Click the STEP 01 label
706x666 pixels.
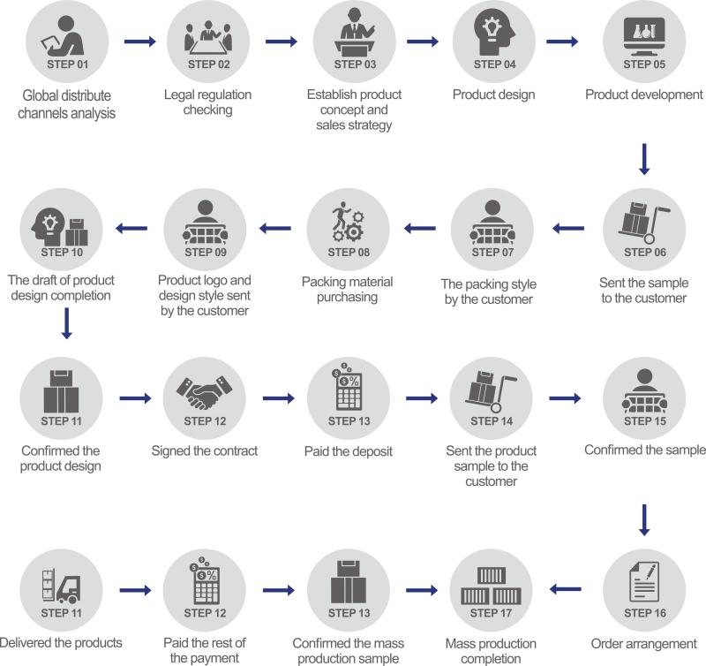pyautogui.click(x=68, y=64)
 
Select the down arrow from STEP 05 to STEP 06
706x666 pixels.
pyautogui.click(x=644, y=159)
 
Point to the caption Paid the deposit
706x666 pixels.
pyautogui.click(x=349, y=451)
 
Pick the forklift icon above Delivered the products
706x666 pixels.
pyautogui.click(x=61, y=586)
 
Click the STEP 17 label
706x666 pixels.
pyautogui.click(x=491, y=613)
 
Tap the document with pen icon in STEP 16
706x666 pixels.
pyautogui.click(x=644, y=581)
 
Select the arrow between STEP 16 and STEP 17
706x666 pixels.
pyautogui.click(x=566, y=589)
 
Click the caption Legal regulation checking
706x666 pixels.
pyautogui.click(x=208, y=102)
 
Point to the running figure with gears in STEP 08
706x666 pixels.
pyautogui.click(x=348, y=221)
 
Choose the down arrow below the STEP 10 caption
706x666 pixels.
pyautogui.click(x=67, y=323)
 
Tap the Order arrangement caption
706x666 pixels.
pyautogui.click(x=644, y=643)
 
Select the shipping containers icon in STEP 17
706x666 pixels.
pyautogui.click(x=491, y=586)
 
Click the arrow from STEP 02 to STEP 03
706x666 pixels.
pyautogui.click(x=282, y=42)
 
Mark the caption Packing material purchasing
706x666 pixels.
pyautogui.click(x=347, y=290)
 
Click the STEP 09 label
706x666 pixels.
pyautogui.click(x=206, y=253)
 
